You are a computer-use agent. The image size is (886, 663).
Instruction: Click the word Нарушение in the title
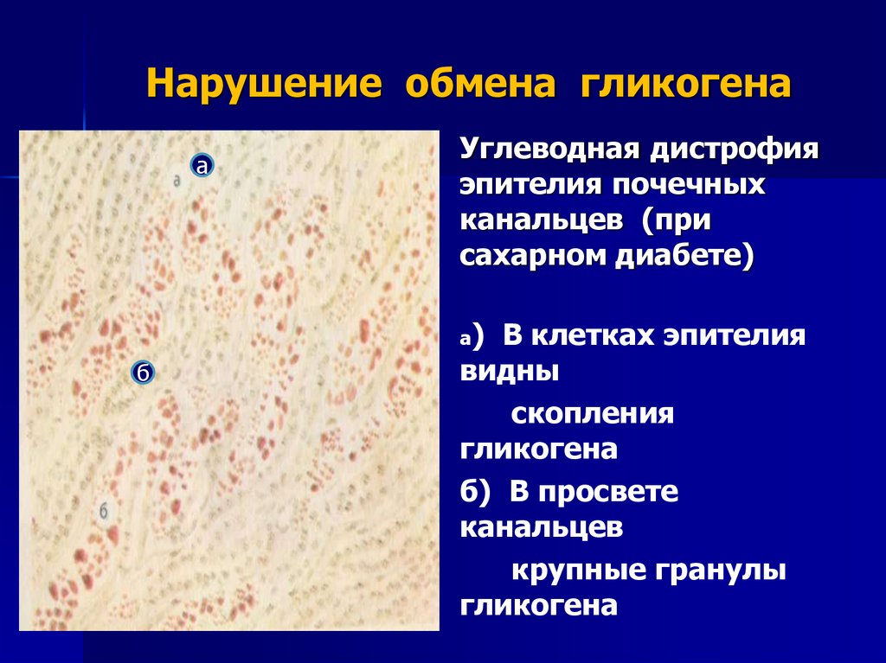click(x=264, y=86)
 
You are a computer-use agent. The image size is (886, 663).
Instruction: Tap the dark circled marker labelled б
click(x=144, y=373)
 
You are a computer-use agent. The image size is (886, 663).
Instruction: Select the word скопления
click(x=592, y=414)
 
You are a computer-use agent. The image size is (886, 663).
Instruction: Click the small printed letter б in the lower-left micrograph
click(x=104, y=510)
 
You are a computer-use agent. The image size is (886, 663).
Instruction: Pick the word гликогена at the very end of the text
click(x=538, y=605)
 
